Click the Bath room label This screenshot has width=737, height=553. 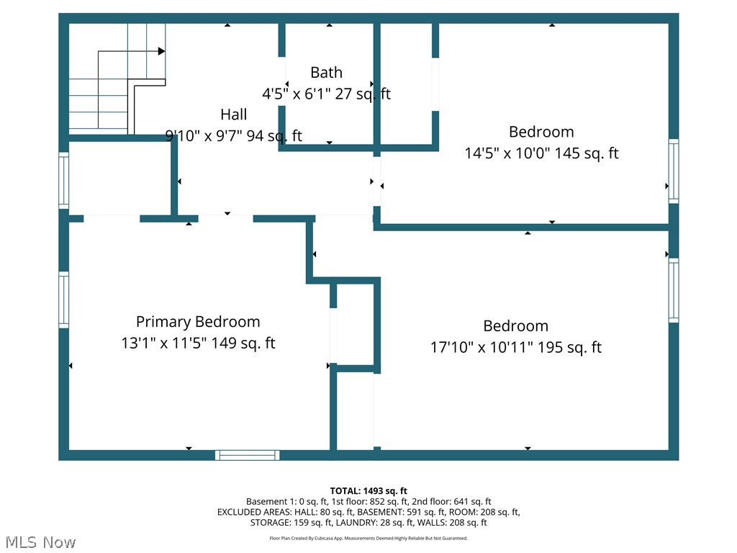click(x=326, y=73)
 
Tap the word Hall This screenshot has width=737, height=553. click(x=234, y=114)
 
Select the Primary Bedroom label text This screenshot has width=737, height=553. click(x=198, y=322)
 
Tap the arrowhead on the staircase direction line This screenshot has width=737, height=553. click(x=162, y=51)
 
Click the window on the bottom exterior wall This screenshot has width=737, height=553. click(x=248, y=455)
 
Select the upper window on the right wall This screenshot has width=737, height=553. click(x=674, y=171)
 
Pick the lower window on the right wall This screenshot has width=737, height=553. click(x=674, y=290)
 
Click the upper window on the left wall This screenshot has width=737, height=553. click(x=63, y=181)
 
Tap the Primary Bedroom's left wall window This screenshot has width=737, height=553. click(x=63, y=300)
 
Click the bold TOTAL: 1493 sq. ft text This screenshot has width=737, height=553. click(x=368, y=491)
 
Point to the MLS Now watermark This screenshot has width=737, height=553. click(x=40, y=542)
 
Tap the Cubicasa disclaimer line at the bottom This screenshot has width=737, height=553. click(x=368, y=539)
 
